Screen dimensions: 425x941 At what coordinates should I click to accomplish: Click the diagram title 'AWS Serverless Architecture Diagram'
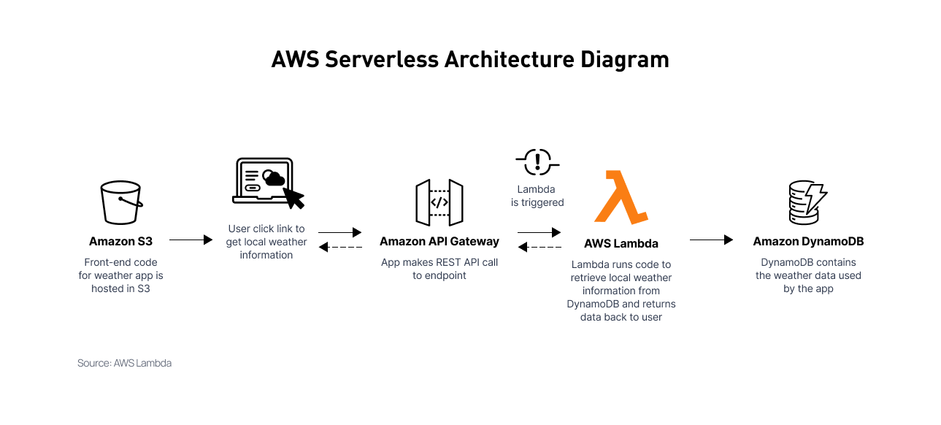tap(470, 59)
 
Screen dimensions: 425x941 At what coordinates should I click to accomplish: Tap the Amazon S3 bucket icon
tap(120, 202)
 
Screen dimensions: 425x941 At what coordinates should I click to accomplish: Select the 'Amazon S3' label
tap(120, 241)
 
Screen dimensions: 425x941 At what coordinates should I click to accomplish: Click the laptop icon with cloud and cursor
tap(266, 183)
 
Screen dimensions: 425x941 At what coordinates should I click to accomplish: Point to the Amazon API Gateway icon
tap(439, 202)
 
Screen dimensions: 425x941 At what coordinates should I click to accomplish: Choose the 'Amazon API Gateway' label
tap(439, 241)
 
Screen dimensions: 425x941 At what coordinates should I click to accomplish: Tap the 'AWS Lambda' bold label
tap(621, 244)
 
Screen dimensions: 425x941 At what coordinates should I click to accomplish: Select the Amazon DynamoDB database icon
tap(807, 202)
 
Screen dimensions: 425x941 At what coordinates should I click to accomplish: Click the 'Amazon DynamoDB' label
tap(808, 241)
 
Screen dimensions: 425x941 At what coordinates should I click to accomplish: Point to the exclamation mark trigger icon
tap(538, 160)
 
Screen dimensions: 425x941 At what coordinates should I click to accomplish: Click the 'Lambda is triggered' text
tap(537, 196)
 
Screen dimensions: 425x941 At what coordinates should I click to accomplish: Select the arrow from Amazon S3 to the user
tap(191, 240)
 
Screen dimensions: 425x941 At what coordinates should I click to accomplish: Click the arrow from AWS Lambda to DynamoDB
tap(711, 240)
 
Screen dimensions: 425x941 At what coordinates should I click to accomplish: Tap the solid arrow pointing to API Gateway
tap(340, 233)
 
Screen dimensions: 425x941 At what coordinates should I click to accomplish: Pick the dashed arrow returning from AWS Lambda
tap(539, 248)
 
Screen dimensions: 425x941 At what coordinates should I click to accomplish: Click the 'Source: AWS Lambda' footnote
tap(124, 363)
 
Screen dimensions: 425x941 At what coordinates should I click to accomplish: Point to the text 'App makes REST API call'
tap(439, 262)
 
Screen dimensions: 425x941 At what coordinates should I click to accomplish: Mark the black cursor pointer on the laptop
tap(293, 196)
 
